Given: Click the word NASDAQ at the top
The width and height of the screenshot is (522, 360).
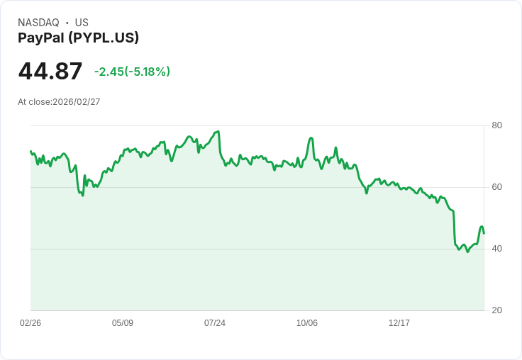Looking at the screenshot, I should (x=38, y=23).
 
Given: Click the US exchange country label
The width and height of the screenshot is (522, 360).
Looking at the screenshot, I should (x=82, y=23).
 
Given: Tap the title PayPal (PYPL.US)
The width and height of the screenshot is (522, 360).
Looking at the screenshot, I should (x=78, y=38).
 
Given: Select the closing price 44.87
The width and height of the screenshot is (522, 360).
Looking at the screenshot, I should (x=50, y=72).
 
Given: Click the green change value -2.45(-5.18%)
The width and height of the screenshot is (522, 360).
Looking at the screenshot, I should (x=132, y=72).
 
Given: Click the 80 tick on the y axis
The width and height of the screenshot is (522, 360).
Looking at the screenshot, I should (x=497, y=125).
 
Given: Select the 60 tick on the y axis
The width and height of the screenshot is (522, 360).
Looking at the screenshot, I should (x=497, y=187).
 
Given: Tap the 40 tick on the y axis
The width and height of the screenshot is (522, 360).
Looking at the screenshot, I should (x=497, y=249).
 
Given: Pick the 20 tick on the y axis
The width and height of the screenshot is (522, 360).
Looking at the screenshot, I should (x=497, y=310).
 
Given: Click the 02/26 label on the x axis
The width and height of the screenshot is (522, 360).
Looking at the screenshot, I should (x=30, y=323).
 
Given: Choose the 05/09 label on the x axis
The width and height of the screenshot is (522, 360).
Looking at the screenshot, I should (x=123, y=323).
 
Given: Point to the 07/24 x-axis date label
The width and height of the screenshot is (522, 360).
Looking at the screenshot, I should (x=215, y=323).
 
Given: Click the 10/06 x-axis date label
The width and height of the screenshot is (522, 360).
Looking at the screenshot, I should (x=307, y=323).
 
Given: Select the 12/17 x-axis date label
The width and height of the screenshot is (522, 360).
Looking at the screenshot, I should (x=399, y=323).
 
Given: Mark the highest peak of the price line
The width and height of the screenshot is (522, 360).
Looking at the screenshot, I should (x=218, y=131).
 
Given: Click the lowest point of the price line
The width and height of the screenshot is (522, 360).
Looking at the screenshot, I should (x=467, y=252).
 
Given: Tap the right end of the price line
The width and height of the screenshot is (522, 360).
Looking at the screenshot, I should (x=484, y=233).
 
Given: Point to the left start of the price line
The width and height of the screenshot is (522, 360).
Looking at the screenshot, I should (x=30, y=151).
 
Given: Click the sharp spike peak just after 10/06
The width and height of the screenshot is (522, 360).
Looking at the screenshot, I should (x=311, y=137).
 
